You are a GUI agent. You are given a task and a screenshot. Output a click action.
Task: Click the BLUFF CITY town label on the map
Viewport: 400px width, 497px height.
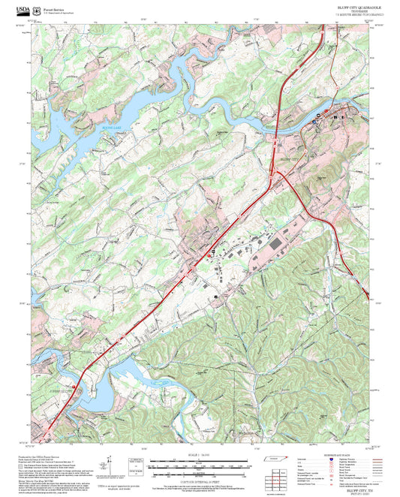click(289, 159)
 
